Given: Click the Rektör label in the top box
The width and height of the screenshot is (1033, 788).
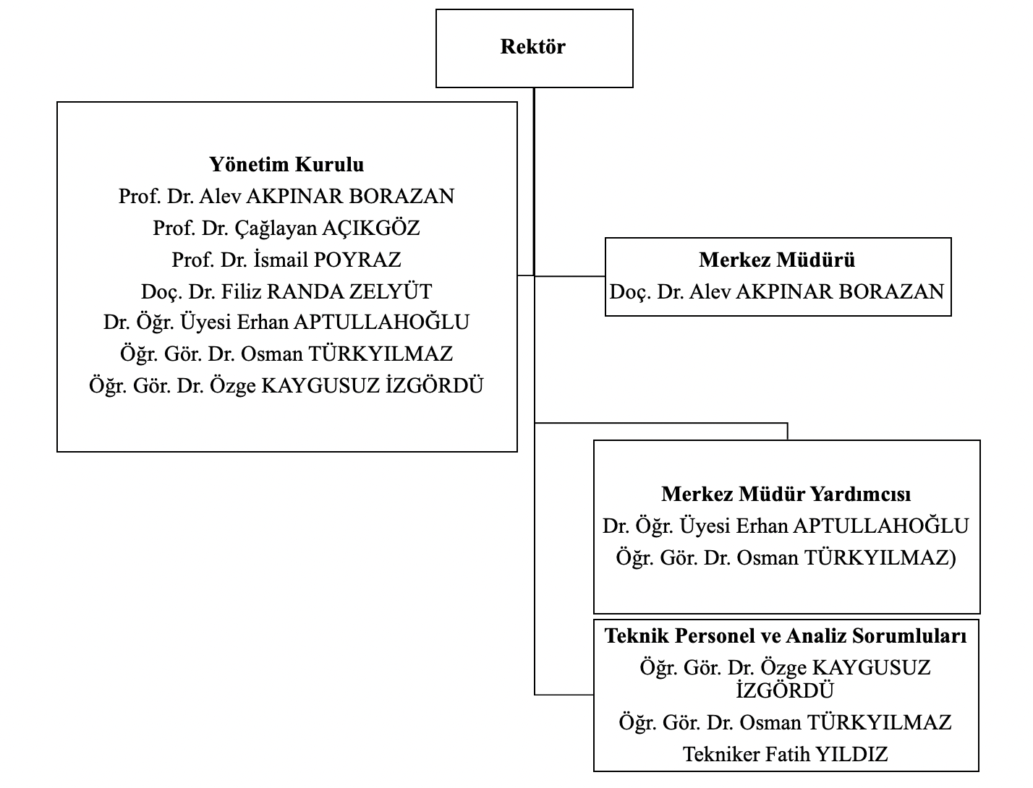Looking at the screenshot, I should pyautogui.click(x=533, y=47).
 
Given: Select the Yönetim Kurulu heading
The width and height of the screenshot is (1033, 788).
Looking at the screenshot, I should pyautogui.click(x=286, y=165).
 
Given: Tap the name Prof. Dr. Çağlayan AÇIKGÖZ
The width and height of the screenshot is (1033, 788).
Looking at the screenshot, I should pyautogui.click(x=286, y=228).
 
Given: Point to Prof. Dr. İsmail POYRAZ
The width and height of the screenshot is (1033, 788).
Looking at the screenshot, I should pyautogui.click(x=286, y=260).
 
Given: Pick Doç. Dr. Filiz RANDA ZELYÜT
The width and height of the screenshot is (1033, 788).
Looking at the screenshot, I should pyautogui.click(x=286, y=292).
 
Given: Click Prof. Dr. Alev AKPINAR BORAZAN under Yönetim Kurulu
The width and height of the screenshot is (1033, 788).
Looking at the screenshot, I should pyautogui.click(x=286, y=197).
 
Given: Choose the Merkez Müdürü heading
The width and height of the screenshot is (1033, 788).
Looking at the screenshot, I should pyautogui.click(x=777, y=260).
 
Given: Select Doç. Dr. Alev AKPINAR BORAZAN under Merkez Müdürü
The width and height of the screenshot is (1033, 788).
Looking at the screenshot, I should pyautogui.click(x=777, y=292).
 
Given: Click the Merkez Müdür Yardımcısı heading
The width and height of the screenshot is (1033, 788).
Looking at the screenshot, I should pyautogui.click(x=786, y=494).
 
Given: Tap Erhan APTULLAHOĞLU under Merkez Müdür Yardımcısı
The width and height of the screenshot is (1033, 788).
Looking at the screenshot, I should pyautogui.click(x=786, y=526).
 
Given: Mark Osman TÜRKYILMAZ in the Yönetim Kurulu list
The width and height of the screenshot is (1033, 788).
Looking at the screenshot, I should pyautogui.click(x=286, y=354).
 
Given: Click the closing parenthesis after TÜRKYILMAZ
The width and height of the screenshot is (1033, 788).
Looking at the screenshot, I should pyautogui.click(x=952, y=558).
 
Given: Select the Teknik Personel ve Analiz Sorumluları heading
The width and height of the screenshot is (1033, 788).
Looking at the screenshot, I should pyautogui.click(x=786, y=636).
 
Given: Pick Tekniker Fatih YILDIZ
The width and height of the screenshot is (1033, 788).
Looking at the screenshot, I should pyautogui.click(x=786, y=755).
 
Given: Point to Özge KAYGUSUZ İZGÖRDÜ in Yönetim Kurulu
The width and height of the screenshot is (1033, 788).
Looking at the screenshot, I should pyautogui.click(x=286, y=386).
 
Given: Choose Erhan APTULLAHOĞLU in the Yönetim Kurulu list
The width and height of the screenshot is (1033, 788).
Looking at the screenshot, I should pyautogui.click(x=286, y=322).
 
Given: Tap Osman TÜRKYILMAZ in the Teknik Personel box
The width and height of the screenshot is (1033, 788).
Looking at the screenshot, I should pyautogui.click(x=786, y=723).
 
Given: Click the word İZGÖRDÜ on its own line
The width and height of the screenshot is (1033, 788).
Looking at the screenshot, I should pyautogui.click(x=786, y=691).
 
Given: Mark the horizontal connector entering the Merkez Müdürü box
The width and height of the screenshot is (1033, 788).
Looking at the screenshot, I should pyautogui.click(x=570, y=276).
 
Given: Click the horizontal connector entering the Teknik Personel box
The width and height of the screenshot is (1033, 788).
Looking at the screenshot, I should pyautogui.click(x=564, y=695).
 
